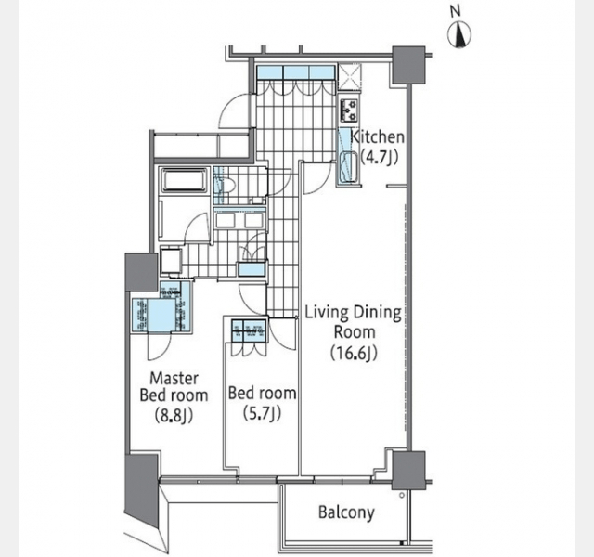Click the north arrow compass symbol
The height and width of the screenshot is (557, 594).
point(459,36)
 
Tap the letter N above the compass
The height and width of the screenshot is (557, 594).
point(456,12)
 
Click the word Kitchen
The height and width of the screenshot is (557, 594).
point(378,136)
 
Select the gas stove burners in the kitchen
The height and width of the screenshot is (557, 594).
point(349,110)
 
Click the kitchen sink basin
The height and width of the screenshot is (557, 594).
point(349,167)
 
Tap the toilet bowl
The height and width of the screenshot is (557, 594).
point(227,187)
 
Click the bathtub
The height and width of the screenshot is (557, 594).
point(184,180)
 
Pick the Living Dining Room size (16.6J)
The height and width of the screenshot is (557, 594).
point(354,353)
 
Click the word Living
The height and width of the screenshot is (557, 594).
point(327,314)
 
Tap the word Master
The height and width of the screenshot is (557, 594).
point(174,378)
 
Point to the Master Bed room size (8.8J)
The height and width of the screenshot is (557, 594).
point(174,416)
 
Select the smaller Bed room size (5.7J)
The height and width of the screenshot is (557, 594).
point(262,414)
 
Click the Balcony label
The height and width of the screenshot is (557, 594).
point(346,512)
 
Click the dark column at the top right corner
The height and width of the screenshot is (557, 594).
point(408,65)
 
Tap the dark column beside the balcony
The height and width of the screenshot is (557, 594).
point(408,470)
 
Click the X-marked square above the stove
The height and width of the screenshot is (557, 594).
point(349,75)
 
